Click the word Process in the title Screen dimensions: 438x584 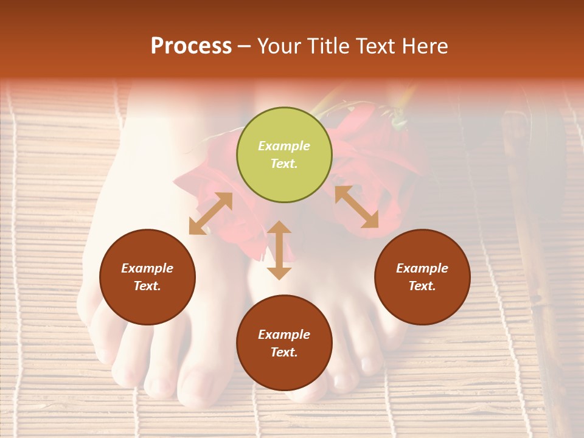191,46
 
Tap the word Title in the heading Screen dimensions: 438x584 332,46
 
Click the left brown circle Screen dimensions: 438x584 147,277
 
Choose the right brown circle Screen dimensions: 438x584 422,277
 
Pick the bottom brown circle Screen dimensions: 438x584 284,342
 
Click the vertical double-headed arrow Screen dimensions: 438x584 279,250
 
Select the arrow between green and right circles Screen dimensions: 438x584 356,207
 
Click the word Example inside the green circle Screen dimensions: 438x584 284,146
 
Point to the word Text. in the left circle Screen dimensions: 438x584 147,286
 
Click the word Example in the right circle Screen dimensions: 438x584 422,268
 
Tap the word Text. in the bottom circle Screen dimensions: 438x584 284,352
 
